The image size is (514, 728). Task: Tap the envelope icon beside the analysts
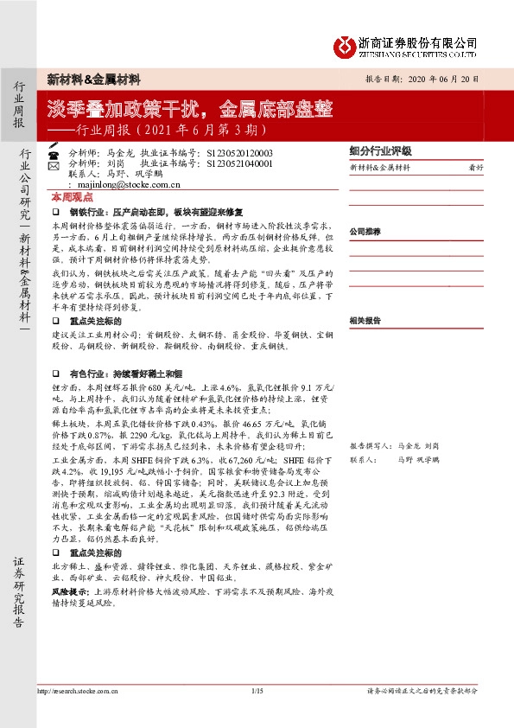[x=54, y=164]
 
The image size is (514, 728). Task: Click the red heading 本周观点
[x=69, y=197]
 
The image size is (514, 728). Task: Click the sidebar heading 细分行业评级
[x=380, y=150]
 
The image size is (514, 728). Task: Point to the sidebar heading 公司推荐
[x=365, y=232]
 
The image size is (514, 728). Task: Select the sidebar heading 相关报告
[x=365, y=320]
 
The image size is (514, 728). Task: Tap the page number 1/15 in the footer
[x=257, y=690]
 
